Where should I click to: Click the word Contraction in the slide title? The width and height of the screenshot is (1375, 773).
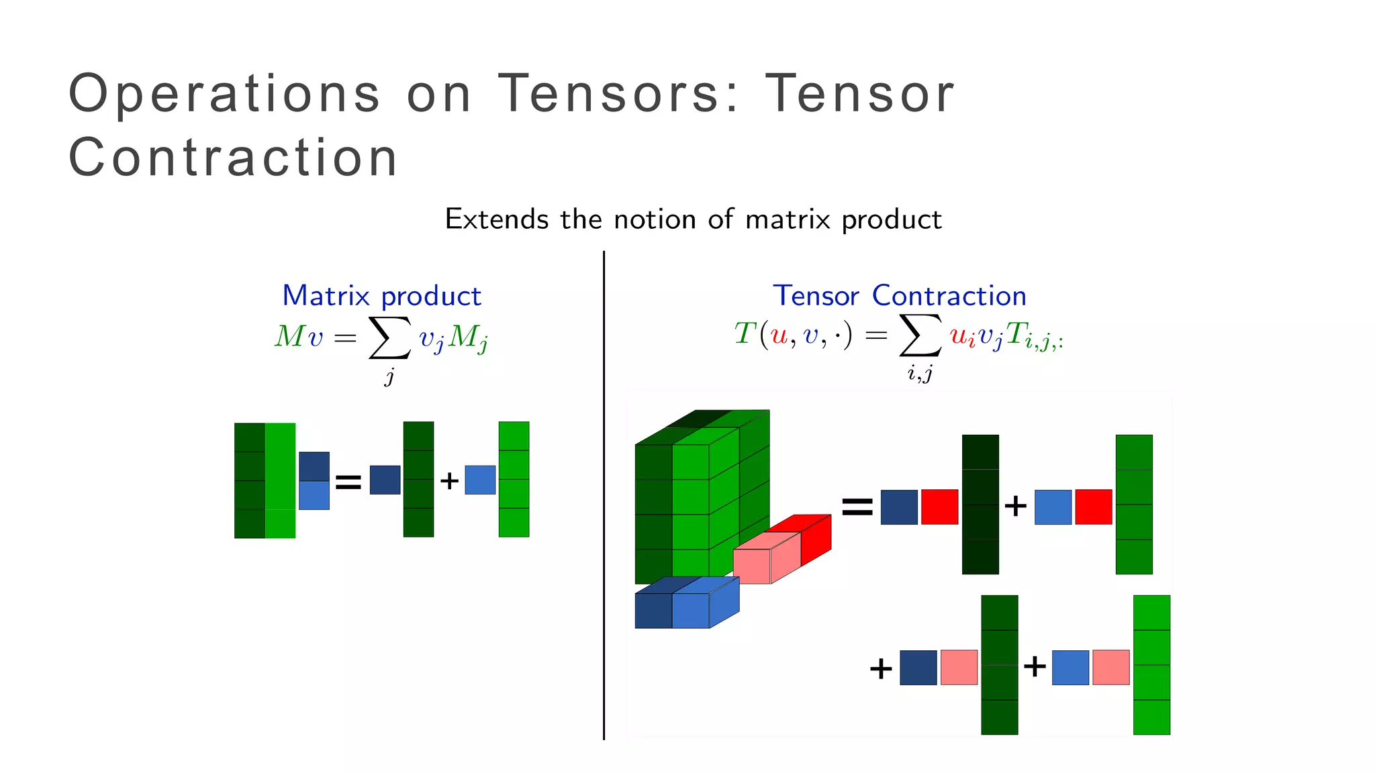(x=234, y=158)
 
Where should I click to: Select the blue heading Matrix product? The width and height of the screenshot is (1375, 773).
(x=381, y=296)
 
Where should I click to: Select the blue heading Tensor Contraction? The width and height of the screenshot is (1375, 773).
(x=900, y=296)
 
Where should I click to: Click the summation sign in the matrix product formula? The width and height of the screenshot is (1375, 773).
(x=389, y=338)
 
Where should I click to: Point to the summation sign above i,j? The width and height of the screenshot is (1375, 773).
(x=920, y=335)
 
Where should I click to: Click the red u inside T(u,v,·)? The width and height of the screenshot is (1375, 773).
(x=779, y=334)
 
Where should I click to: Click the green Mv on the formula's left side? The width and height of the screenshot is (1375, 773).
(x=298, y=336)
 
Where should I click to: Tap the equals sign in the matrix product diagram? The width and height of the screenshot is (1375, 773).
(x=348, y=481)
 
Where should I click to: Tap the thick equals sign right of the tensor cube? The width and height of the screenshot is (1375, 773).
(x=857, y=507)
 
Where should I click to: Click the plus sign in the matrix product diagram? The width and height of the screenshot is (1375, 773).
(x=449, y=480)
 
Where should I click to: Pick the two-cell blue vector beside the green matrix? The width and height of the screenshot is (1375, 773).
(x=314, y=480)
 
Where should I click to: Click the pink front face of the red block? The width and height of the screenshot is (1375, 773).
(x=751, y=566)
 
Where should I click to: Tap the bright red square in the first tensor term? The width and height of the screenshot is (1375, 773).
(x=939, y=507)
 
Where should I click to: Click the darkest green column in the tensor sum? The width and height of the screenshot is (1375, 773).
(x=980, y=505)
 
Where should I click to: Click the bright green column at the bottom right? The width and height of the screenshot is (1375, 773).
(x=1151, y=664)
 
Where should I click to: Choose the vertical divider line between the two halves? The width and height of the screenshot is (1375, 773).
(x=604, y=497)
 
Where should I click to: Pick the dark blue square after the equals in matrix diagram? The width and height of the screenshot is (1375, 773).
(x=385, y=480)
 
